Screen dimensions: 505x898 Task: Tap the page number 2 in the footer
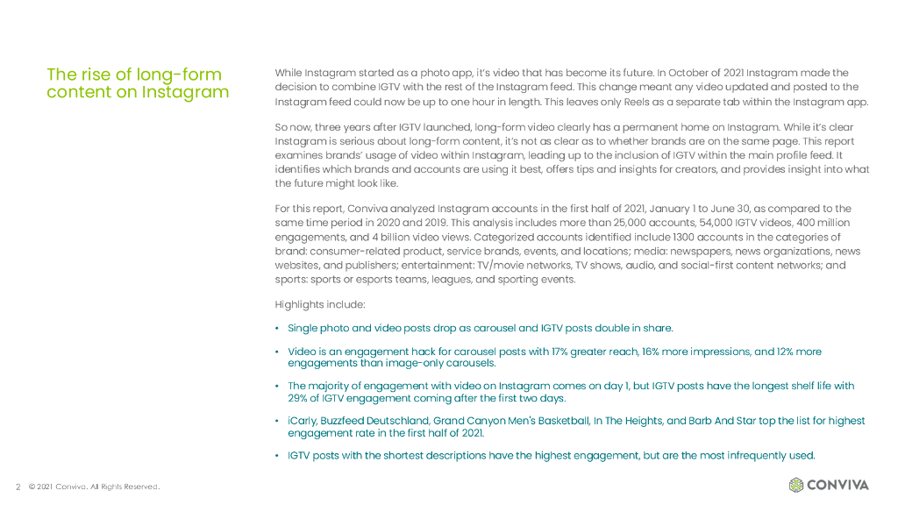(18, 487)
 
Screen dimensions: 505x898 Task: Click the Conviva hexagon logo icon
(796, 485)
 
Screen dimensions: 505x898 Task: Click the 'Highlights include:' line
(320, 304)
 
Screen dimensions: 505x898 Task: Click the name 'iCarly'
(302, 421)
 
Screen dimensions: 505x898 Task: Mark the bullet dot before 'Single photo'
(277, 329)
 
